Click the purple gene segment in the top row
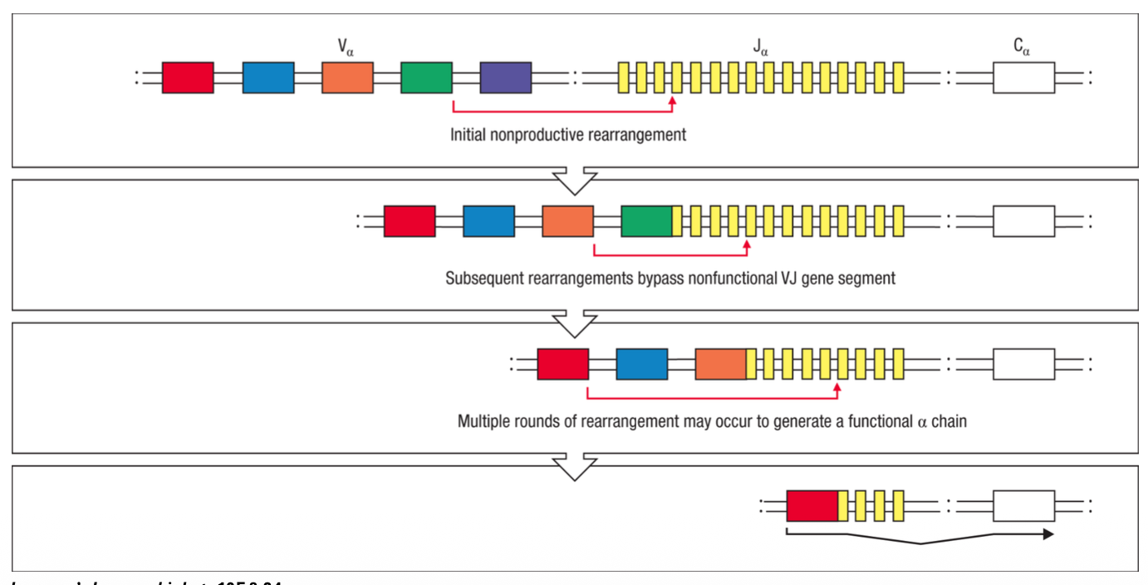click(505, 77)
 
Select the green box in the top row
click(426, 77)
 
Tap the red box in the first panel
click(188, 77)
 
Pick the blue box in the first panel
click(268, 77)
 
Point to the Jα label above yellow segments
click(760, 47)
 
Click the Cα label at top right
click(1023, 47)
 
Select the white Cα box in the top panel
click(1023, 77)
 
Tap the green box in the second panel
click(646, 221)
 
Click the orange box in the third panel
click(720, 364)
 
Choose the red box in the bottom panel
click(812, 505)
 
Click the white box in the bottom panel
click(1023, 505)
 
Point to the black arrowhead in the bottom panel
click(1047, 534)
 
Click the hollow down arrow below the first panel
click(574, 179)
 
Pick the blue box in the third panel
click(641, 364)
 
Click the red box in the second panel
click(410, 221)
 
